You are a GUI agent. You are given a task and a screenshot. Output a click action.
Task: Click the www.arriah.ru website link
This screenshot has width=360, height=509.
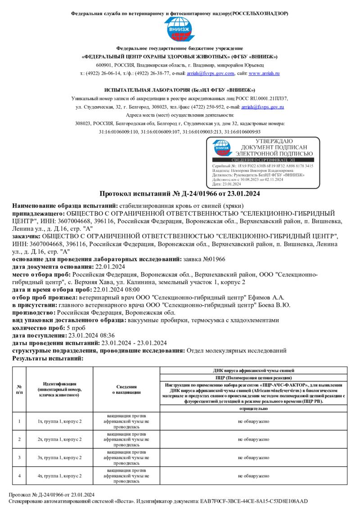click(x=264, y=73)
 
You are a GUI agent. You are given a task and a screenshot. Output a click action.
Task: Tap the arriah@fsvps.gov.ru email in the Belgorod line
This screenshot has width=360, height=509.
click(x=262, y=107)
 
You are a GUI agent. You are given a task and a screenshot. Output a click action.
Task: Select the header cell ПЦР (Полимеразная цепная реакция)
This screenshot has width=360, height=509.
click(x=253, y=378)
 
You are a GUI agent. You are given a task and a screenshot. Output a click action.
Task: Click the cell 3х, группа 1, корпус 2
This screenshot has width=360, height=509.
click(x=59, y=457)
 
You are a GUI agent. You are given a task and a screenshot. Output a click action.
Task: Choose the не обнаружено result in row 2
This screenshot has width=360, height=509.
click(x=253, y=439)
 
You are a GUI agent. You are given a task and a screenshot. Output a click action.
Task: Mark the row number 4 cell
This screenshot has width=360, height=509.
click(x=19, y=475)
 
